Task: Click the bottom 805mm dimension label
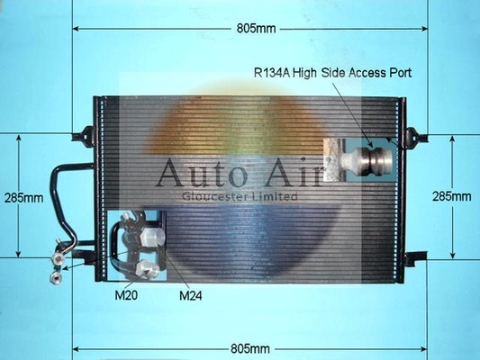point(250,348)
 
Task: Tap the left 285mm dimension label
point(23,198)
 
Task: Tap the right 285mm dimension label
point(451,196)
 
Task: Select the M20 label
point(126,295)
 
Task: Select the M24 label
point(191,295)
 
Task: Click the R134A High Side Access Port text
point(332,73)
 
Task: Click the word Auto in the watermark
point(202,173)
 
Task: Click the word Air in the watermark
point(293,172)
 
